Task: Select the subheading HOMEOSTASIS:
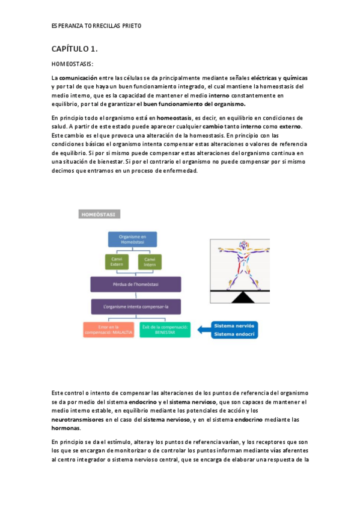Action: click(72, 64)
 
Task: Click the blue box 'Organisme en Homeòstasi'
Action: click(132, 239)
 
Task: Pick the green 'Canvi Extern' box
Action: click(117, 262)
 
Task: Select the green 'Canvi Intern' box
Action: click(150, 262)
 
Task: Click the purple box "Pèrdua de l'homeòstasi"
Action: click(135, 284)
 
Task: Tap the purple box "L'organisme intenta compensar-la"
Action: click(135, 306)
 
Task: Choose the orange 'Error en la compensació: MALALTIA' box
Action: click(108, 330)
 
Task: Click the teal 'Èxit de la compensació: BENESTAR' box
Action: click(163, 330)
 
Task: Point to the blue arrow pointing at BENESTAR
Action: click(201, 330)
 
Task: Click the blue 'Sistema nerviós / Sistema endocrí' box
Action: click(234, 330)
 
